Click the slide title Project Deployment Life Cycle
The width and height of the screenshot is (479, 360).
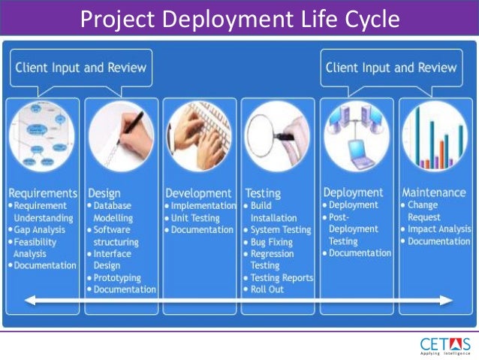pyautogui.click(x=239, y=18)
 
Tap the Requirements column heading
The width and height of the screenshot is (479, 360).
pyautogui.click(x=43, y=193)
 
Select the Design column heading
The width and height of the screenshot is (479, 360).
pyautogui.click(x=104, y=193)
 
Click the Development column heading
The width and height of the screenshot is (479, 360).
pyautogui.click(x=198, y=193)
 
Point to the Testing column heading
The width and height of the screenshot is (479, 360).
pyautogui.click(x=264, y=193)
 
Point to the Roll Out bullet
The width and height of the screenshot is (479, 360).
pyautogui.click(x=267, y=289)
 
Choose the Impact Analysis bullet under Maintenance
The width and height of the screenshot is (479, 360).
pyautogui.click(x=440, y=228)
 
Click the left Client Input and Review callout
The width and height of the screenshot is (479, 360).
pyautogui.click(x=80, y=68)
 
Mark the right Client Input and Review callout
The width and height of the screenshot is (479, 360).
pyautogui.click(x=390, y=68)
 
